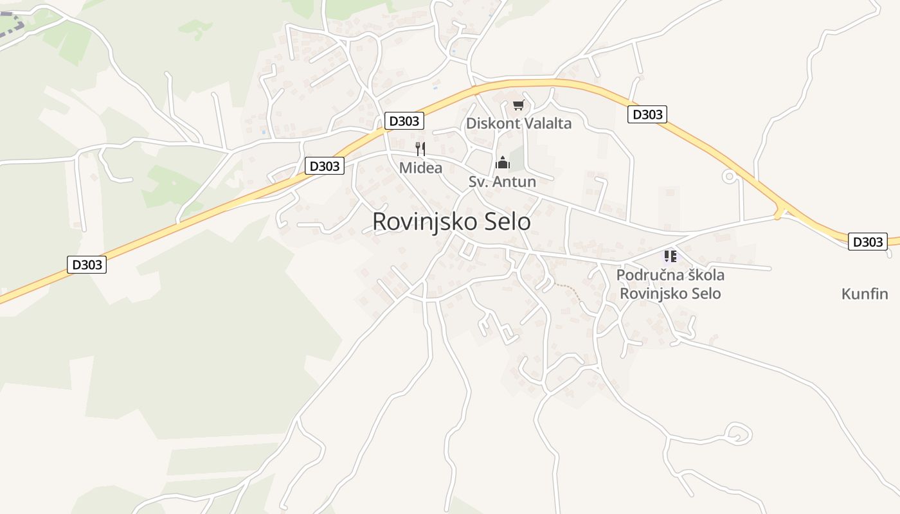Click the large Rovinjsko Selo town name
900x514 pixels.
(451, 222)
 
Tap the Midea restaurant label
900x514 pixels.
(420, 168)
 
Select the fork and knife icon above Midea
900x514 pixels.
(420, 149)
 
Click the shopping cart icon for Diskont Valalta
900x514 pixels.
(518, 105)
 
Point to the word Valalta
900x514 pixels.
(546, 123)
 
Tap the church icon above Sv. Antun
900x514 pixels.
(503, 163)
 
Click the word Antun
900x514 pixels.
(515, 182)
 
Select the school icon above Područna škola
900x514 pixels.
(670, 256)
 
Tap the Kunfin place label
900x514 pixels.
(865, 294)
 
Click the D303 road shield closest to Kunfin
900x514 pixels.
(867, 242)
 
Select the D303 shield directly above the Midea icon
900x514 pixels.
(404, 120)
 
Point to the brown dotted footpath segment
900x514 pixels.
(569, 289)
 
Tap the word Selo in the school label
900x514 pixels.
(704, 294)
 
